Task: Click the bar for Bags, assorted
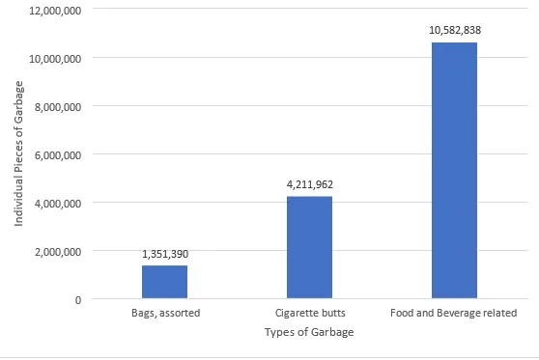[164, 282]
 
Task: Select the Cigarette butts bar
[309, 248]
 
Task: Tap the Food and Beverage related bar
[454, 171]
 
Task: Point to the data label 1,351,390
[164, 253]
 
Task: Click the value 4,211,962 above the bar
[309, 183]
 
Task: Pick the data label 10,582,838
[454, 30]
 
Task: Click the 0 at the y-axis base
[76, 299]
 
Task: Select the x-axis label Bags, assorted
[164, 314]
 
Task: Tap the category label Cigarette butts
[309, 314]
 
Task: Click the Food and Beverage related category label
[454, 314]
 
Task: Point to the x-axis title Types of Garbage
[309, 333]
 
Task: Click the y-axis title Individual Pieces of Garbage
[19, 154]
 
